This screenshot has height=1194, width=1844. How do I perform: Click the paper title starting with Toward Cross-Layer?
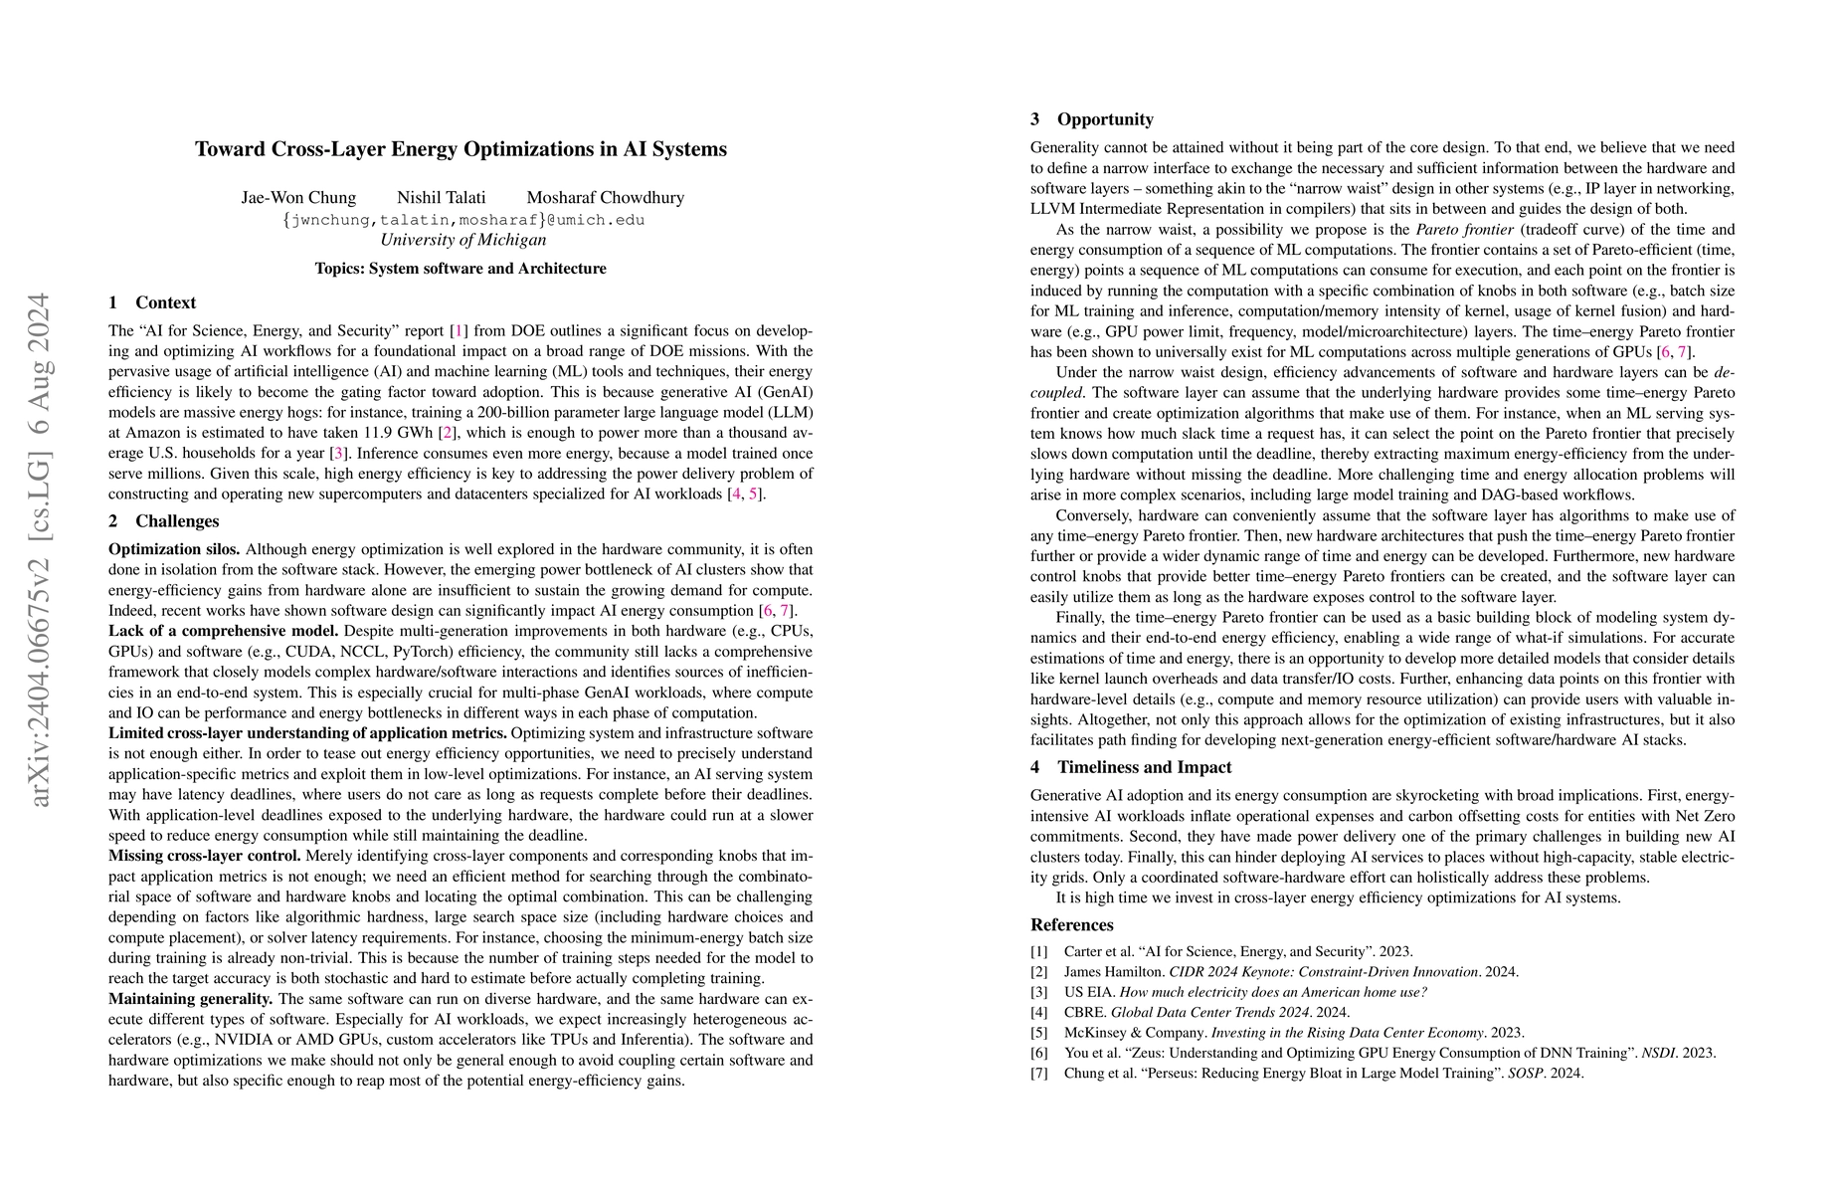[461, 149]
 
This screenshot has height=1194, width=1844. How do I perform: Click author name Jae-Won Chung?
[298, 197]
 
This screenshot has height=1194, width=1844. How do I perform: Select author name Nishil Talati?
[442, 197]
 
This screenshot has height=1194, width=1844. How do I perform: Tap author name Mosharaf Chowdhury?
[606, 197]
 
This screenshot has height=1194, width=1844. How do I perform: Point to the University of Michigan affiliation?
[462, 240]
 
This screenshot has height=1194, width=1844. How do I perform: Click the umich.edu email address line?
[462, 219]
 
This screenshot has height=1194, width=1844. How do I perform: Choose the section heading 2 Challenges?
[163, 521]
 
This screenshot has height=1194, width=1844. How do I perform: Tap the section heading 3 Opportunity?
[1092, 119]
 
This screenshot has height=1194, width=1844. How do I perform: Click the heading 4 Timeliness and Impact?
[1131, 767]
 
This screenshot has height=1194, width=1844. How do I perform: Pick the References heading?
[1072, 924]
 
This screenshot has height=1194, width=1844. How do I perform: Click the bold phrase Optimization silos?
[174, 549]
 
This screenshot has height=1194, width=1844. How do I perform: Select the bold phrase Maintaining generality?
[190, 999]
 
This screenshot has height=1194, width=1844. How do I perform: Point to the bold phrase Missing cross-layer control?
[205, 856]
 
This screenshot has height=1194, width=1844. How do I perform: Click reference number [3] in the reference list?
[1038, 992]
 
